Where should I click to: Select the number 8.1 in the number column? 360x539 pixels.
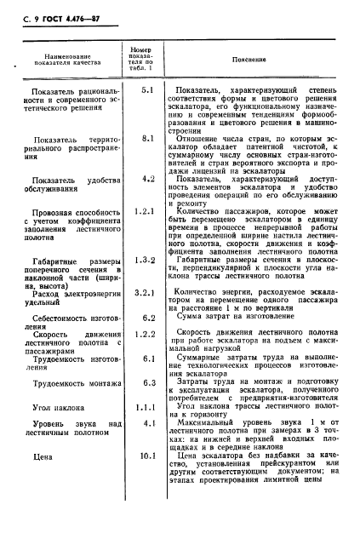coord(146,137)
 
